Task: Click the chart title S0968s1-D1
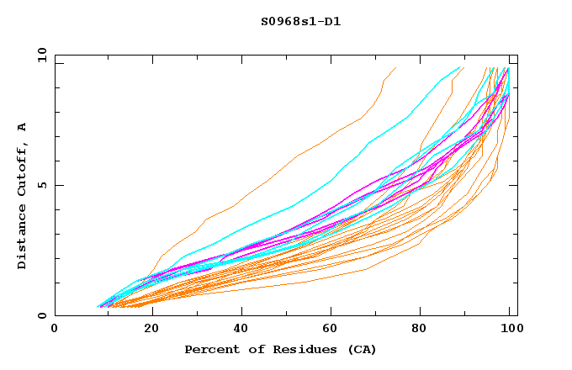[300, 21]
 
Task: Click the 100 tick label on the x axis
[510, 329]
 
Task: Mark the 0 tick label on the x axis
[55, 329]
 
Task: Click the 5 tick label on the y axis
[41, 185]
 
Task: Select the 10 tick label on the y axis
[39, 55]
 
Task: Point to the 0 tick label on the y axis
[41, 315]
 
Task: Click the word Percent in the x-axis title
[211, 349]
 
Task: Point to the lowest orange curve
[336, 276]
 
